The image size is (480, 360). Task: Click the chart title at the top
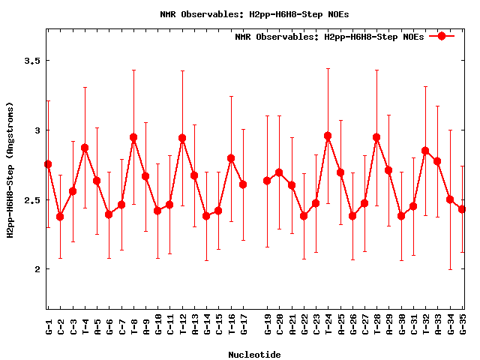(254, 14)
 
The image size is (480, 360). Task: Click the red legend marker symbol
(442, 36)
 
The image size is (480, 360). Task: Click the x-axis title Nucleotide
(255, 355)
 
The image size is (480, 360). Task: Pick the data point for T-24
(328, 136)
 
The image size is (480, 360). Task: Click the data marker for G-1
(48, 164)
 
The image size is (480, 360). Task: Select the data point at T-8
(133, 137)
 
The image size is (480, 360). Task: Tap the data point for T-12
(182, 138)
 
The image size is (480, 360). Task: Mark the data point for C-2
(60, 217)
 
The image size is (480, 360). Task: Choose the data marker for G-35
(462, 209)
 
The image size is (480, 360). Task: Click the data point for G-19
(267, 181)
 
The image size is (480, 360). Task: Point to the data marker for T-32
(425, 151)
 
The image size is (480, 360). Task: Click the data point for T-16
(231, 158)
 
